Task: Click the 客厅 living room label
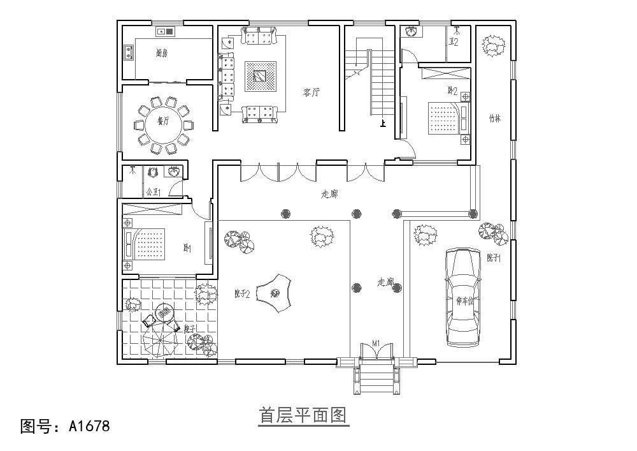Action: coord(311,92)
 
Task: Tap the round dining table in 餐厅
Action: coord(162,123)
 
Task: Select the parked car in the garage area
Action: coord(464,297)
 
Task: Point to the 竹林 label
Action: coord(494,118)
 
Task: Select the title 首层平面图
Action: coord(303,416)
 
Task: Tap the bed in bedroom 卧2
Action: coord(443,118)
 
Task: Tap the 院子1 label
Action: coord(494,258)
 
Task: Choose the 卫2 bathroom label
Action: coord(454,43)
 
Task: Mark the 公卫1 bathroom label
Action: coord(154,191)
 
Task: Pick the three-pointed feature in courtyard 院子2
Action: coord(276,293)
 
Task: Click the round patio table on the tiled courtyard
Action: coord(164,313)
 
